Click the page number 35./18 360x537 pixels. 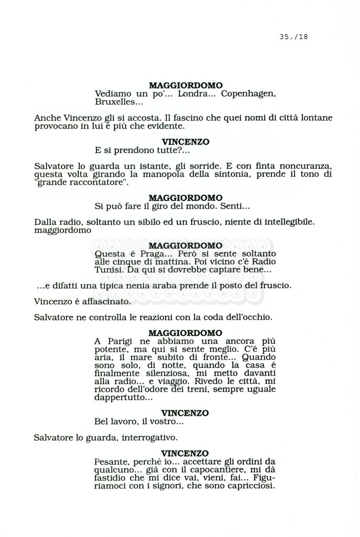click(294, 36)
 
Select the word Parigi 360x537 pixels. click(124, 342)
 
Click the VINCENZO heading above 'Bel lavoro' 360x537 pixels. click(185, 413)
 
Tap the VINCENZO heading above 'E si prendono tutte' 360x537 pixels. click(185, 142)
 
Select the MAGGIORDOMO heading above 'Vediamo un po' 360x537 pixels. click(185, 85)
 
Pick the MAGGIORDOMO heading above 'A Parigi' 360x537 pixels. click(185, 333)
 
